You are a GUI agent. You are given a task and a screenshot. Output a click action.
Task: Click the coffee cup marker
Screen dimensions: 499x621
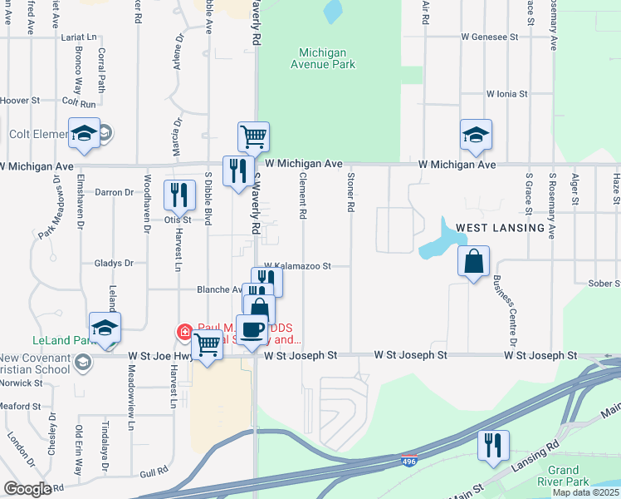click(x=252, y=329)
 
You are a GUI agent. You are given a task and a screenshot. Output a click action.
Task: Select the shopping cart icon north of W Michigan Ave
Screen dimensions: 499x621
click(x=253, y=135)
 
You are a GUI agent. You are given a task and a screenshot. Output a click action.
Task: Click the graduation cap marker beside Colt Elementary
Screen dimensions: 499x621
click(x=84, y=133)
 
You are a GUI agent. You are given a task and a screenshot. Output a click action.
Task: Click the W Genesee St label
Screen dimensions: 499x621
click(x=490, y=37)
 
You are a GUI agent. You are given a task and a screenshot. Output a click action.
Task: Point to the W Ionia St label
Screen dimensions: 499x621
click(x=506, y=94)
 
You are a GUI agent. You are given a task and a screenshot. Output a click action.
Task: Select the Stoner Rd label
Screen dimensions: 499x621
click(x=351, y=197)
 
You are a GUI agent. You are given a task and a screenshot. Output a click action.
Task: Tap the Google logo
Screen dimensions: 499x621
click(x=27, y=489)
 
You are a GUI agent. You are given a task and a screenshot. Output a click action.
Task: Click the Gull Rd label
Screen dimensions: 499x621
click(x=154, y=473)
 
